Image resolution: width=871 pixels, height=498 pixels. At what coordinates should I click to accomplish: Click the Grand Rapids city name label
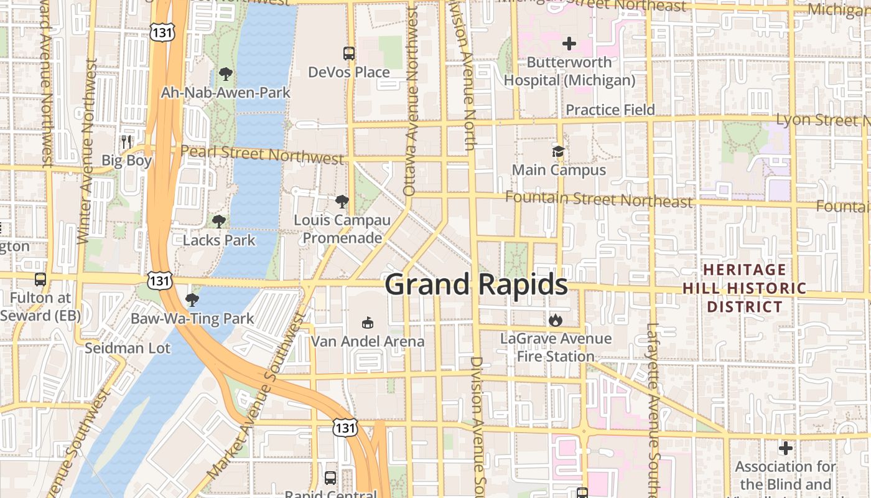[476, 284]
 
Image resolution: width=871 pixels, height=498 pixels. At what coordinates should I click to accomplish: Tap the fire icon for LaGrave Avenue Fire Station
[555, 320]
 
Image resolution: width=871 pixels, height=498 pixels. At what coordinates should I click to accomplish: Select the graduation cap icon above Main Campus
[558, 151]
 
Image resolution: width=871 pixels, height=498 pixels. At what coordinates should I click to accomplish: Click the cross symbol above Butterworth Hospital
[569, 44]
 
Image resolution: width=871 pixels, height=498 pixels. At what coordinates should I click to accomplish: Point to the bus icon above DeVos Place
[349, 54]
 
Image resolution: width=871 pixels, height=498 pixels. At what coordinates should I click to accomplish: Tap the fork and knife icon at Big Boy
[127, 141]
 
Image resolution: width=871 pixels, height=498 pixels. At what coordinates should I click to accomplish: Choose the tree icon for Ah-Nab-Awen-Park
[225, 75]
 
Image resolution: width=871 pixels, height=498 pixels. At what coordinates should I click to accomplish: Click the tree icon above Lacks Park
[218, 221]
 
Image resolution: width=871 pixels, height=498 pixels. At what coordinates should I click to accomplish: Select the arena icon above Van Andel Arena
[368, 322]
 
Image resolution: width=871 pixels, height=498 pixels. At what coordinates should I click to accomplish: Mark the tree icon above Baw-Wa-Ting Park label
[192, 300]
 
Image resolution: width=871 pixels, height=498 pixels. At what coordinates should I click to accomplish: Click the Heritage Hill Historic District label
[744, 288]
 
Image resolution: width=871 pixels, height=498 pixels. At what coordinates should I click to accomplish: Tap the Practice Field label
[610, 110]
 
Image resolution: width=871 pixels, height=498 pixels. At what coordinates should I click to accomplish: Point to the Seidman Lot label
[128, 348]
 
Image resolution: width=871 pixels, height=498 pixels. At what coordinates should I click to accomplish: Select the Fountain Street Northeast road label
[598, 199]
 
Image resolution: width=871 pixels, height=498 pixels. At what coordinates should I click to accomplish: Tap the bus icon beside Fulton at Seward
[40, 280]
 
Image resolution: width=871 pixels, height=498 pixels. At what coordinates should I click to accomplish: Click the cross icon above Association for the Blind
[785, 448]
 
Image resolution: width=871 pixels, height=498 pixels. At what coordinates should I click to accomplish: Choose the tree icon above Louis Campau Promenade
[342, 202]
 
